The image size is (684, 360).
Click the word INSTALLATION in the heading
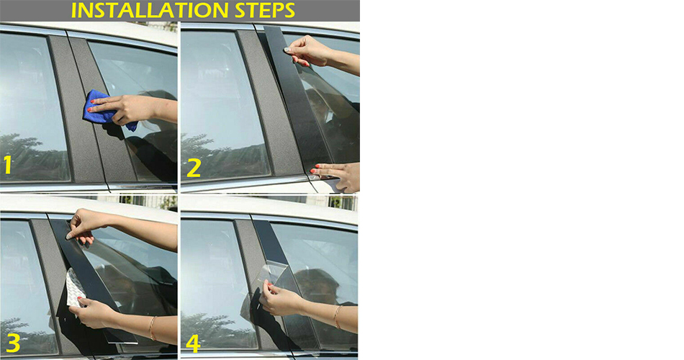pyautogui.click(x=150, y=11)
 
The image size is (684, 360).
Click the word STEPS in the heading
pyautogui.click(x=265, y=11)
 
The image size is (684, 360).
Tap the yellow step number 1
pyautogui.click(x=7, y=166)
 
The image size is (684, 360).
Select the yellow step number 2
pyautogui.click(x=194, y=168)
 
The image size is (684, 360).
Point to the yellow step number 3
pyautogui.click(x=13, y=343)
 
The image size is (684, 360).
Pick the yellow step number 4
pyautogui.click(x=193, y=343)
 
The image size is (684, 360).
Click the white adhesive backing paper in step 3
pyautogui.click(x=74, y=288)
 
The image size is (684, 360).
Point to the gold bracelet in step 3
pyautogui.click(x=152, y=328)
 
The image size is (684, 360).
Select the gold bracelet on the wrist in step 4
pyautogui.click(x=337, y=316)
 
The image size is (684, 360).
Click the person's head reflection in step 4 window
pyautogui.click(x=316, y=286)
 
